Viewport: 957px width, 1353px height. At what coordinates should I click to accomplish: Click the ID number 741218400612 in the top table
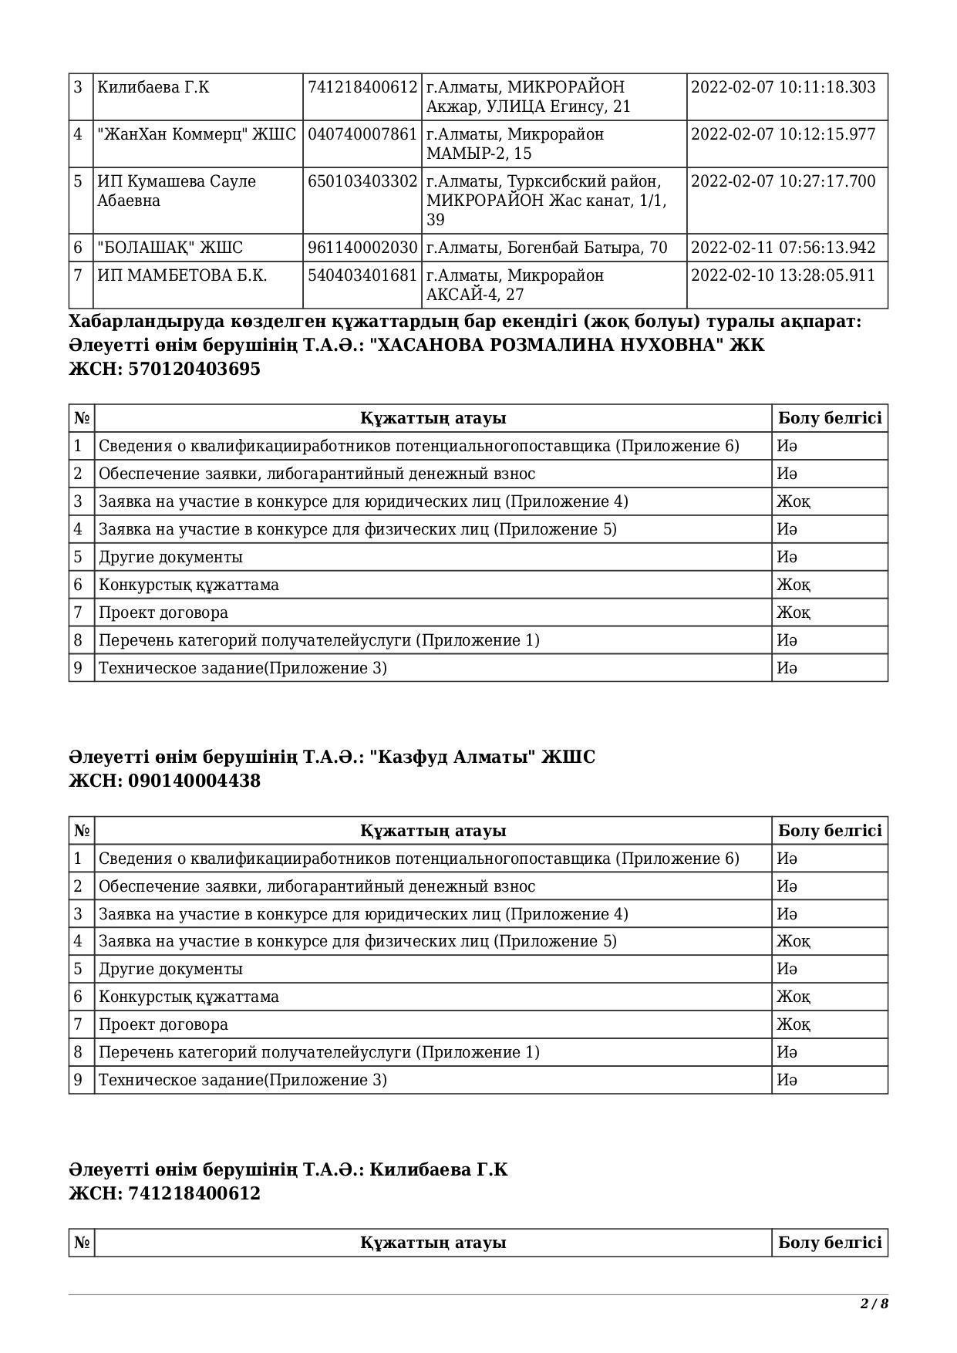362,87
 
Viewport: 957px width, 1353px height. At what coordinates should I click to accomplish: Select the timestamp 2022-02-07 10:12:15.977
783,134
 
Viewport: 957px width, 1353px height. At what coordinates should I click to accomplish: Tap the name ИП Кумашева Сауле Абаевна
177,191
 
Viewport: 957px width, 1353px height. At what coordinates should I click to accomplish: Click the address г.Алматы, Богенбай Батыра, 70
547,248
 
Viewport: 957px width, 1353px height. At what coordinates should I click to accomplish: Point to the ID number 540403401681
362,275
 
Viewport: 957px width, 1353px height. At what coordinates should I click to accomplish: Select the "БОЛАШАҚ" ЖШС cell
170,248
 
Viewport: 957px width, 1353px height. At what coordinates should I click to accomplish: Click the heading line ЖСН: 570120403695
165,369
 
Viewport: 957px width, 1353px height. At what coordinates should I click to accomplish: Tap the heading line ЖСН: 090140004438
165,781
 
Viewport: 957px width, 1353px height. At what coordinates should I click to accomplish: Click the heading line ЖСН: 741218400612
165,1193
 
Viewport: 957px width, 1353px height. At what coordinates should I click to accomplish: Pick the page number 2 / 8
874,1304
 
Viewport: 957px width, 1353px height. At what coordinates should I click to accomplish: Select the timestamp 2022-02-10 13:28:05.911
783,275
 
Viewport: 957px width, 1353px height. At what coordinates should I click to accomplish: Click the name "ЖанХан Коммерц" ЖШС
197,134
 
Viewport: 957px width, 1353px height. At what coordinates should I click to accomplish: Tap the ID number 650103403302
362,181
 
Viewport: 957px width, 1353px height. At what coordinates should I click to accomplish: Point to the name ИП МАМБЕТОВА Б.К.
182,275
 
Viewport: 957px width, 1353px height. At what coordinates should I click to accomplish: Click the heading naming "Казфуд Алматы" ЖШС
332,757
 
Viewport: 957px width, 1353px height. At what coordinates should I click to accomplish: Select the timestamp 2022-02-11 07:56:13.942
783,248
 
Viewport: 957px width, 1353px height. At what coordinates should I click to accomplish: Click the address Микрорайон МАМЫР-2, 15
515,143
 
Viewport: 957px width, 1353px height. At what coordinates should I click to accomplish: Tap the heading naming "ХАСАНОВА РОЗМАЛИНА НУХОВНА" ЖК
416,345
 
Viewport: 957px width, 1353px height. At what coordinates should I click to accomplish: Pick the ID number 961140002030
362,248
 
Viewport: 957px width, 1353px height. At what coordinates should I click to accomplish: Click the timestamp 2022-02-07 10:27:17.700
783,181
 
